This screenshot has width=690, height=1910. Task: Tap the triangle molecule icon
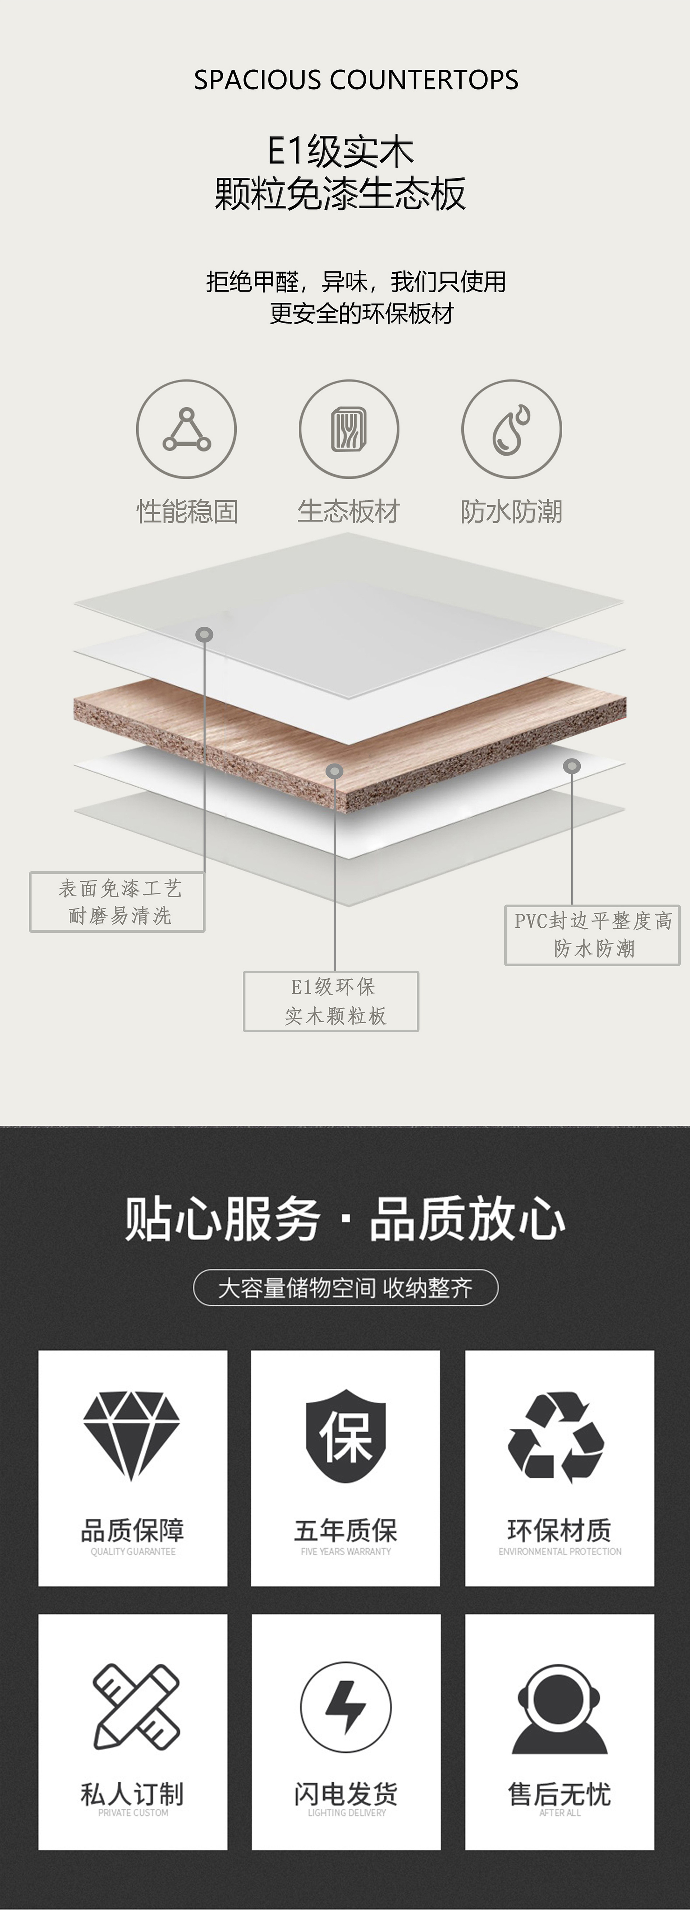coord(186,429)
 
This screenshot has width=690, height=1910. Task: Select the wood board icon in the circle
coord(349,429)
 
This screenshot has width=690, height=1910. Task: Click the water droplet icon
coord(511,429)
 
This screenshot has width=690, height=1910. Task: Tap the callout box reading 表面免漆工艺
coord(117,901)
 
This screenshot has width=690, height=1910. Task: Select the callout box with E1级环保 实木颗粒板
coord(331,1001)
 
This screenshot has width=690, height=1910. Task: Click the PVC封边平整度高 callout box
coord(592,935)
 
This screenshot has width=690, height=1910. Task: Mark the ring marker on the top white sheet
coord(204,635)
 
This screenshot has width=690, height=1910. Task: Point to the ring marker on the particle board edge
coord(335,771)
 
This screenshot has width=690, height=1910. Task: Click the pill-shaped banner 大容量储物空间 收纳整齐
coord(345,1288)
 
